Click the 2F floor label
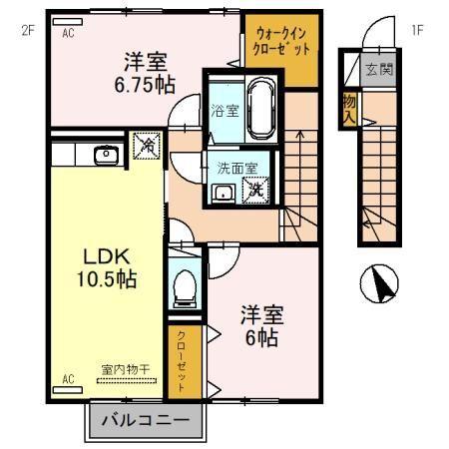[x=28, y=29]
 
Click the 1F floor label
[x=418, y=29]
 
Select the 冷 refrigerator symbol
[x=145, y=146]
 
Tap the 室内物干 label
[x=125, y=369]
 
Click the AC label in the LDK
[x=69, y=379]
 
